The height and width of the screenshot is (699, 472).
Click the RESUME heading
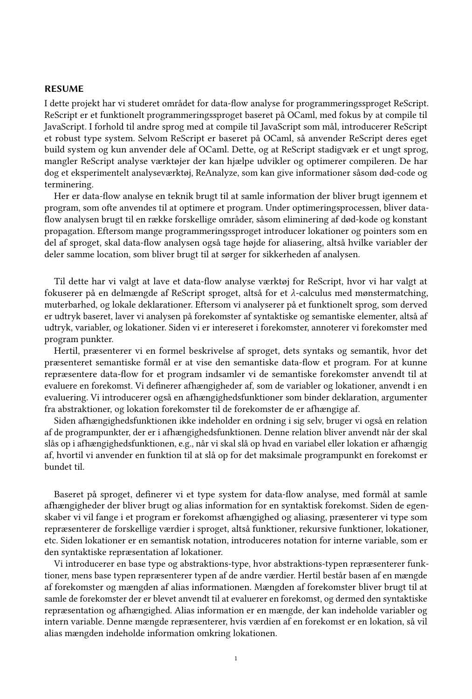[64, 89]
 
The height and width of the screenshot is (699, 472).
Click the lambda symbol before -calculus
[293, 293]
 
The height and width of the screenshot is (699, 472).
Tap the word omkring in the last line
[221, 633]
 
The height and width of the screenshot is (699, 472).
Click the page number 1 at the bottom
[236, 658]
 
